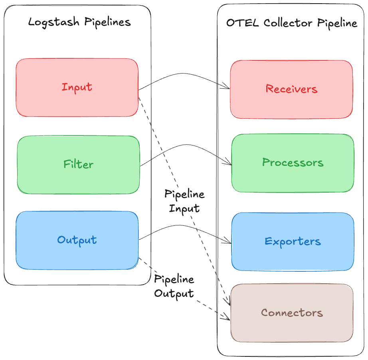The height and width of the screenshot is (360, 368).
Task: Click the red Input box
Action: [x=77, y=88]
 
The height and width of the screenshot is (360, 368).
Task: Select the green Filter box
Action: [x=78, y=164]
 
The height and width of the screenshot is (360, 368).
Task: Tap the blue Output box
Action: [x=77, y=240]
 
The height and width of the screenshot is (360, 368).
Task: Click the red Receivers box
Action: [x=291, y=89]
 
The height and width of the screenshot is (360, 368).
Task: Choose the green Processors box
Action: [x=293, y=163]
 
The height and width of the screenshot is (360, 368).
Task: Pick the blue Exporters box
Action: [x=293, y=242]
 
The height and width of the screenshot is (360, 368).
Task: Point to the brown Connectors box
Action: [x=292, y=313]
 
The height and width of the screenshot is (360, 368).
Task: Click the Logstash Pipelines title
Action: [x=79, y=22]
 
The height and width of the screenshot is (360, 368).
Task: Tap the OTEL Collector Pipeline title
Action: [x=291, y=23]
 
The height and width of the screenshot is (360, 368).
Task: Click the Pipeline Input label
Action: [x=184, y=201]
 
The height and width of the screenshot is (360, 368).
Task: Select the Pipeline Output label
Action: [x=174, y=286]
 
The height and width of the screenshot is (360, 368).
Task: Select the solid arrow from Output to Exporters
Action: [x=184, y=226]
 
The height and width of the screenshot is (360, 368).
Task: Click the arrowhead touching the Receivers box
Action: [x=227, y=86]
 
